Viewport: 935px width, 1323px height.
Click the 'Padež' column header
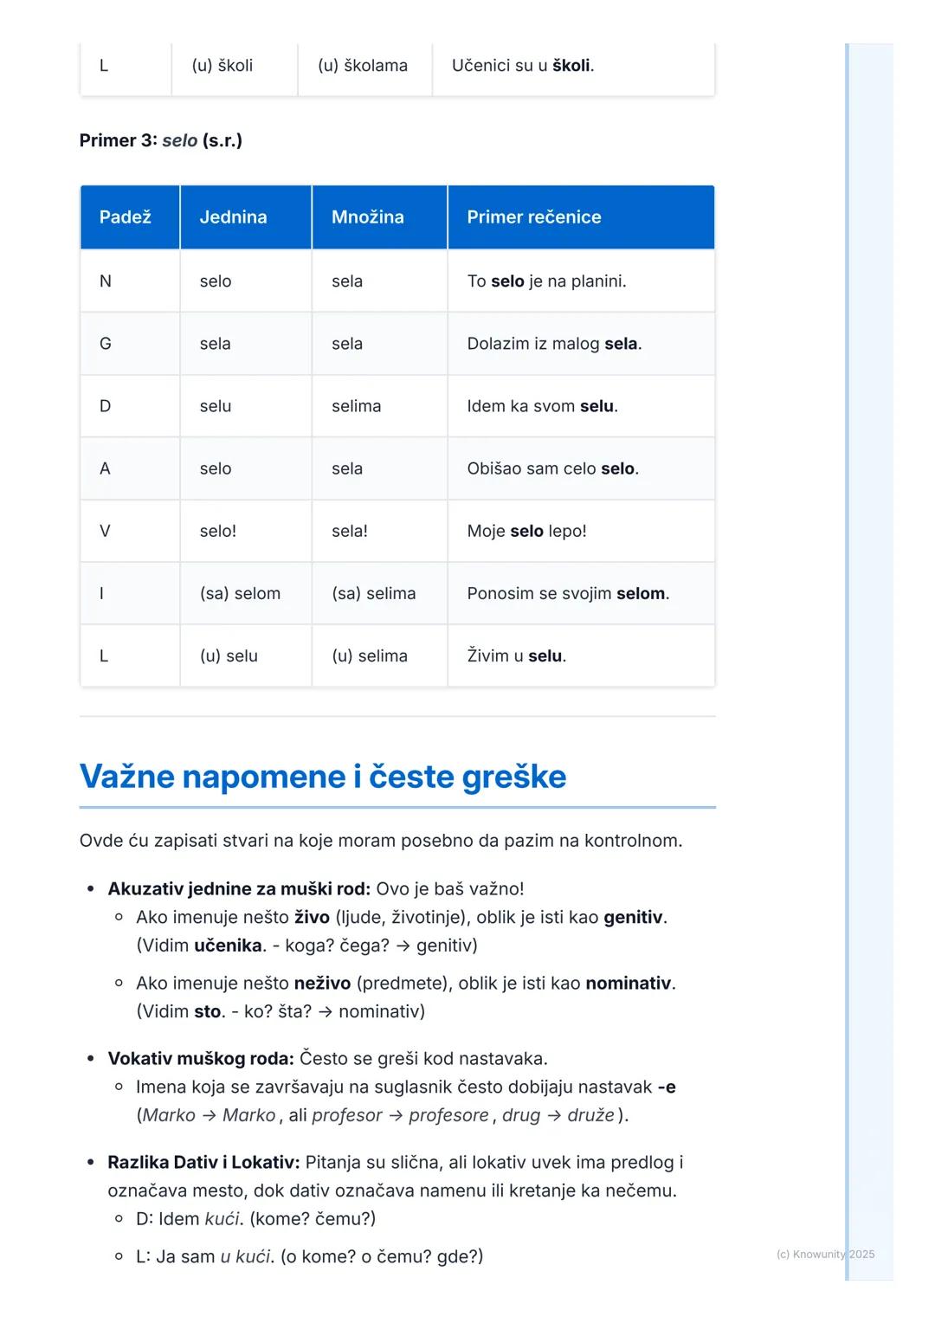pos(126,217)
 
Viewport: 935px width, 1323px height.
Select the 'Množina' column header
pos(367,217)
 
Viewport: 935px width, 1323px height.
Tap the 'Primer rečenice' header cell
pos(533,217)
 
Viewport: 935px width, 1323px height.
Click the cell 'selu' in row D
pos(216,406)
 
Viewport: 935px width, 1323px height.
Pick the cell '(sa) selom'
pos(240,593)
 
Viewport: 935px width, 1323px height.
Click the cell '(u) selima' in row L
pos(370,655)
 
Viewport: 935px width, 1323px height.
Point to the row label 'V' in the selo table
pos(105,531)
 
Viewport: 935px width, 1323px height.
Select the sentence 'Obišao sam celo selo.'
pos(552,468)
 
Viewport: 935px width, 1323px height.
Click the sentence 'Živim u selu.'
pos(516,655)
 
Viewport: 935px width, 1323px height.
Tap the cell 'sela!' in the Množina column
pos(350,531)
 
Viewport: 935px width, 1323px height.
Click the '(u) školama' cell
pos(363,65)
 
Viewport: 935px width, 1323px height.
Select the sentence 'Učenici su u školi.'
pos(523,65)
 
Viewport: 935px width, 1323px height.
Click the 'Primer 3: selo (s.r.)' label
pos(161,140)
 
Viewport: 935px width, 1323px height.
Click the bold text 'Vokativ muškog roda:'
pos(201,1058)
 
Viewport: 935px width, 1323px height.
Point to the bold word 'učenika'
pos(228,945)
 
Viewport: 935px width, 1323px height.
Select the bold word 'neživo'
pos(322,983)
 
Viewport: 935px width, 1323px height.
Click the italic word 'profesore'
pos(448,1114)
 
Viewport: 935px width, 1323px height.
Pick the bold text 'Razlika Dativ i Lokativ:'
pos(203,1162)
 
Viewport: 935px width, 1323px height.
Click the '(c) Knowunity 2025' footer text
pos(825,1254)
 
